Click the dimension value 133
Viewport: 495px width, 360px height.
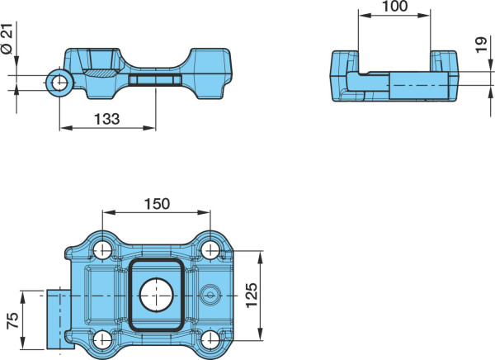click(x=107, y=119)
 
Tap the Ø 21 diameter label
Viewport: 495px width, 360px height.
click(x=7, y=39)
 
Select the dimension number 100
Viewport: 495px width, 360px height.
click(x=394, y=7)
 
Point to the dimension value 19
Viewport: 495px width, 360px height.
click(x=481, y=45)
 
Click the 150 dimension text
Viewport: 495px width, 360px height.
click(x=157, y=204)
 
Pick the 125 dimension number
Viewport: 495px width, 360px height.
click(x=252, y=296)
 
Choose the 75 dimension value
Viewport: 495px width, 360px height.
click(x=13, y=321)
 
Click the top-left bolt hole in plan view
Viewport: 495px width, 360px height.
click(x=102, y=250)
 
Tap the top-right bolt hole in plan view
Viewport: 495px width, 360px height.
click(x=210, y=250)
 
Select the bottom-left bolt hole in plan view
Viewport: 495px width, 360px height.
click(x=103, y=339)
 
